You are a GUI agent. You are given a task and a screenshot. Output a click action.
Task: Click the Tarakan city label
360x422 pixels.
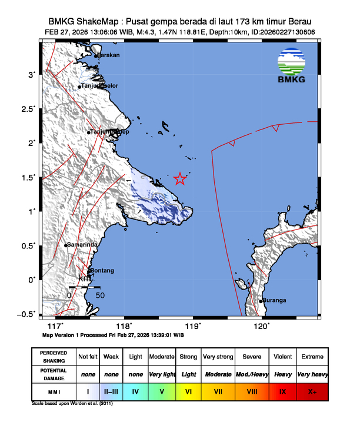click(108, 55)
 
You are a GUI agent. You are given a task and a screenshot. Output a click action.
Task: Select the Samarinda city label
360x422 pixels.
click(82, 244)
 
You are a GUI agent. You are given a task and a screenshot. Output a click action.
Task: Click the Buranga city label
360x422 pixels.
click(275, 300)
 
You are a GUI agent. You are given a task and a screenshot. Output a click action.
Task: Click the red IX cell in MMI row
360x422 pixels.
click(282, 391)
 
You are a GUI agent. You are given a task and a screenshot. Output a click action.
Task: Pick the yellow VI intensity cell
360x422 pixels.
click(188, 391)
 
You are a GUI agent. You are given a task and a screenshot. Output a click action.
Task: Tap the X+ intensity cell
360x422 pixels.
click(312, 391)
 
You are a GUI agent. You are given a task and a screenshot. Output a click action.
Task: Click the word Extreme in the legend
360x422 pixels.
click(312, 357)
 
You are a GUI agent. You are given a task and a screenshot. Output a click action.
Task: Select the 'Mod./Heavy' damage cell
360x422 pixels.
click(251, 374)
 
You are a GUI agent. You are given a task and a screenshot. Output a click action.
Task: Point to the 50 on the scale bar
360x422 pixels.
click(100, 295)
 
